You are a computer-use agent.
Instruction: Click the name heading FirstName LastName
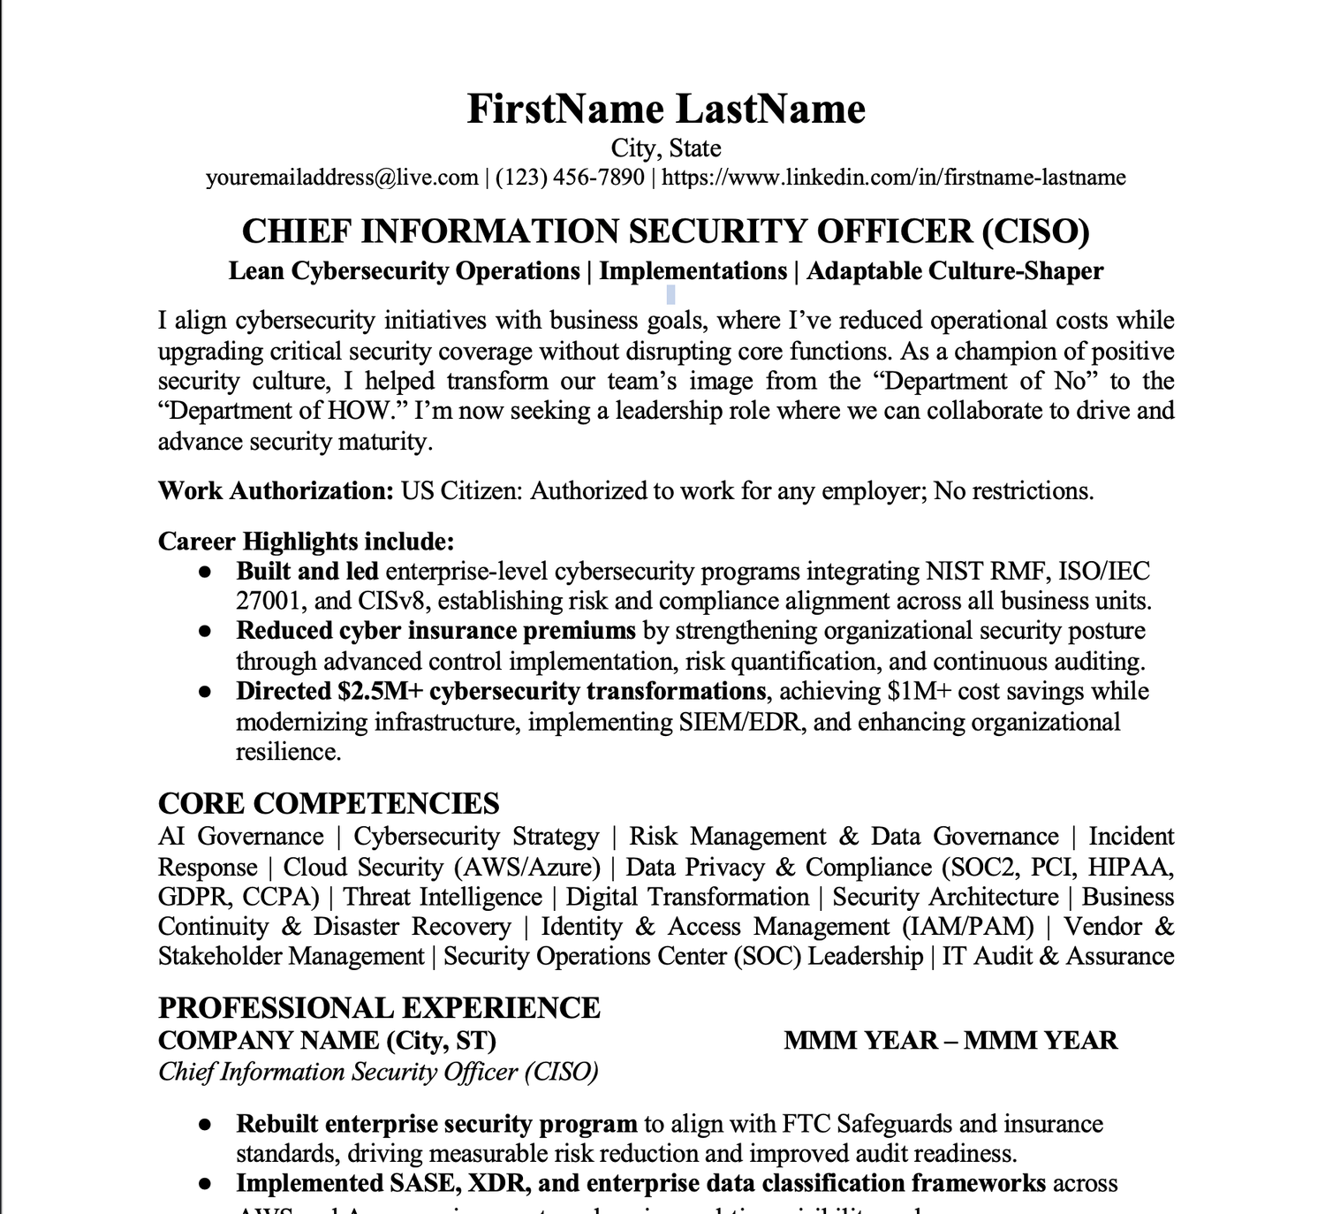pyautogui.click(x=666, y=110)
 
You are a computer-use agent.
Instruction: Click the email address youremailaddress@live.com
pyautogui.click(x=342, y=178)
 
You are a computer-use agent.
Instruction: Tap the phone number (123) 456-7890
pyautogui.click(x=570, y=178)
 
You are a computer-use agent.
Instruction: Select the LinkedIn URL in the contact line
pyautogui.click(x=893, y=178)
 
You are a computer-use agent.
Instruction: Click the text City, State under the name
pyautogui.click(x=666, y=148)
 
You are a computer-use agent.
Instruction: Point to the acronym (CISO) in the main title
pyautogui.click(x=1035, y=231)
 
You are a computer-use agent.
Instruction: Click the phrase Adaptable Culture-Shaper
pyautogui.click(x=955, y=271)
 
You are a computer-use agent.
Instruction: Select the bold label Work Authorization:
pyautogui.click(x=276, y=491)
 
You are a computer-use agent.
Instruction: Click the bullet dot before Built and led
pyautogui.click(x=205, y=573)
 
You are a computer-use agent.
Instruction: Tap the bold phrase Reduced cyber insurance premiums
pyautogui.click(x=435, y=631)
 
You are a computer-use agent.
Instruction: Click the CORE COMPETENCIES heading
pyautogui.click(x=329, y=803)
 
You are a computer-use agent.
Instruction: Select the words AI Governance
pyautogui.click(x=241, y=837)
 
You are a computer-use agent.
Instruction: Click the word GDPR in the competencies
pyautogui.click(x=193, y=897)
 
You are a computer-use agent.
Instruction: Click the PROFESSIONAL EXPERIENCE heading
pyautogui.click(x=379, y=1008)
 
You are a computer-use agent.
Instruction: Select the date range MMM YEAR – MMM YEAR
pyautogui.click(x=950, y=1040)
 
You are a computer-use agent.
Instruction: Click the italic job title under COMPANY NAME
pyautogui.click(x=378, y=1072)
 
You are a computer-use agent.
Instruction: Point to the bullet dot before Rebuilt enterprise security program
pyautogui.click(x=205, y=1125)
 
